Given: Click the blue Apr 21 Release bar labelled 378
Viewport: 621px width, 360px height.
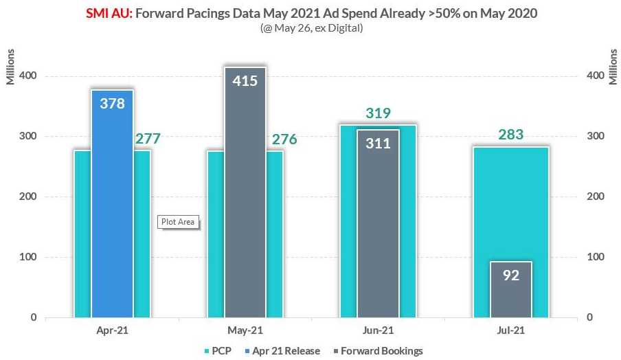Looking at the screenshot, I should coord(112,206).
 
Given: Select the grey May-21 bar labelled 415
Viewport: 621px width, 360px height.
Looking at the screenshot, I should coord(245,192).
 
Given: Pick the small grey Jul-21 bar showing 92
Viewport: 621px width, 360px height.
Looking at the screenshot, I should coord(511,289).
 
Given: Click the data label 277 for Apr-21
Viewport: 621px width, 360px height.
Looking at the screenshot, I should coord(148,139).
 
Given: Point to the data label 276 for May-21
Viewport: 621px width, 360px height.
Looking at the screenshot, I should coord(284,139).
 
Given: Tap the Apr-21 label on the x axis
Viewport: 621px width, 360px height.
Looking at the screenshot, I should coord(113,330).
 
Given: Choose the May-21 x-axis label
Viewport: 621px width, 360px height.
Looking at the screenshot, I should coord(246,330).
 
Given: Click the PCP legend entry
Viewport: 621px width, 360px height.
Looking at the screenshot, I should coord(216,351).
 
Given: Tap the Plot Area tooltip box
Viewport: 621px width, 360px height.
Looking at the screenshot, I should coord(179,222).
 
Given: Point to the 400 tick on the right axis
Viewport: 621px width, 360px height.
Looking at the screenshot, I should coord(596,76).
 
